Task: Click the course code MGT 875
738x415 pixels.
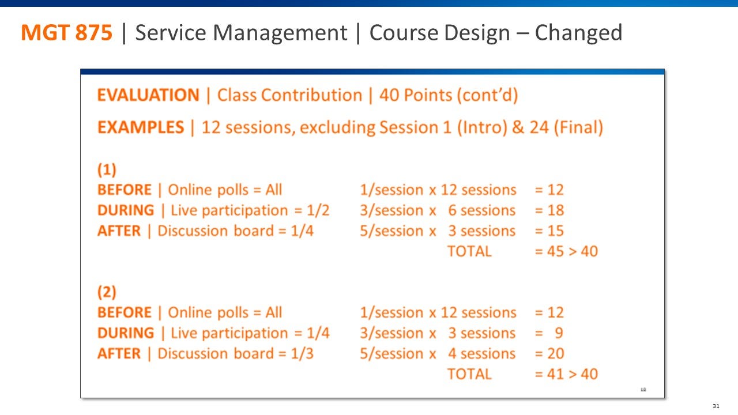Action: (x=67, y=33)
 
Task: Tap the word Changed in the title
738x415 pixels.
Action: (x=578, y=33)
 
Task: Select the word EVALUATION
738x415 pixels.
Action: (x=148, y=95)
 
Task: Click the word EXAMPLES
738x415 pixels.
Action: (x=141, y=127)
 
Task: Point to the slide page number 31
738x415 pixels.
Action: (x=716, y=406)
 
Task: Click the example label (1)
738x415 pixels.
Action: (x=107, y=169)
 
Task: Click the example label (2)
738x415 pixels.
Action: (x=107, y=292)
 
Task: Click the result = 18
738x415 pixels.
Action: (x=549, y=210)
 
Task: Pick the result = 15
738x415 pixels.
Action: (x=549, y=231)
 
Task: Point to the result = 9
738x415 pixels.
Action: (x=549, y=333)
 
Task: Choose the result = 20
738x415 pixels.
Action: (x=549, y=353)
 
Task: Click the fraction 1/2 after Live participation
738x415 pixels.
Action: (x=318, y=210)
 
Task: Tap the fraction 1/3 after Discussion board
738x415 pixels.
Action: (x=302, y=353)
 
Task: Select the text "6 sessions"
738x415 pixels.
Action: (x=481, y=210)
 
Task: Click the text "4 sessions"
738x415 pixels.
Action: (x=481, y=353)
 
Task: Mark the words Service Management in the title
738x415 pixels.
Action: (x=241, y=33)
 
